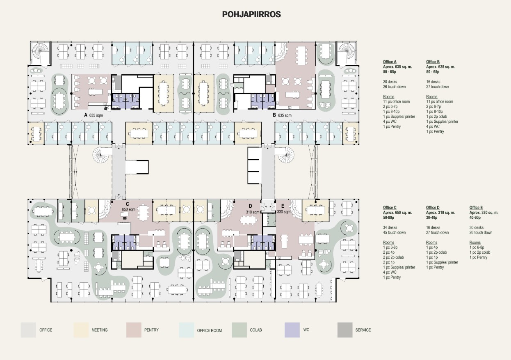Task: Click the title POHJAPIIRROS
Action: [251, 14]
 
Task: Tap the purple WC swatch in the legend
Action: [292, 330]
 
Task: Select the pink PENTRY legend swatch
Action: [134, 330]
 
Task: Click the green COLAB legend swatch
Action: [240, 330]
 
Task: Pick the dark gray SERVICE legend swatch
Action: [345, 330]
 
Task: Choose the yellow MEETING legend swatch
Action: [81, 330]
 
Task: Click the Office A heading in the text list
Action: [390, 62]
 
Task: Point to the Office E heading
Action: [476, 208]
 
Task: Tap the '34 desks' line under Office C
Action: [390, 227]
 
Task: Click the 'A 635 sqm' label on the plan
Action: [94, 115]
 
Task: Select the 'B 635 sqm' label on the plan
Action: [282, 115]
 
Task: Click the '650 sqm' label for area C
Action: [128, 209]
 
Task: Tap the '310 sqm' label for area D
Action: [253, 212]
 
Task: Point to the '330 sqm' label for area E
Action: [283, 212]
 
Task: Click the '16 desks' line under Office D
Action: [433, 227]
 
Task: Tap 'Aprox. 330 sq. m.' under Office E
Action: [484, 213]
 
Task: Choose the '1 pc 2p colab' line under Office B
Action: [436, 117]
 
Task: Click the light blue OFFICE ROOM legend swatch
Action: [187, 330]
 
